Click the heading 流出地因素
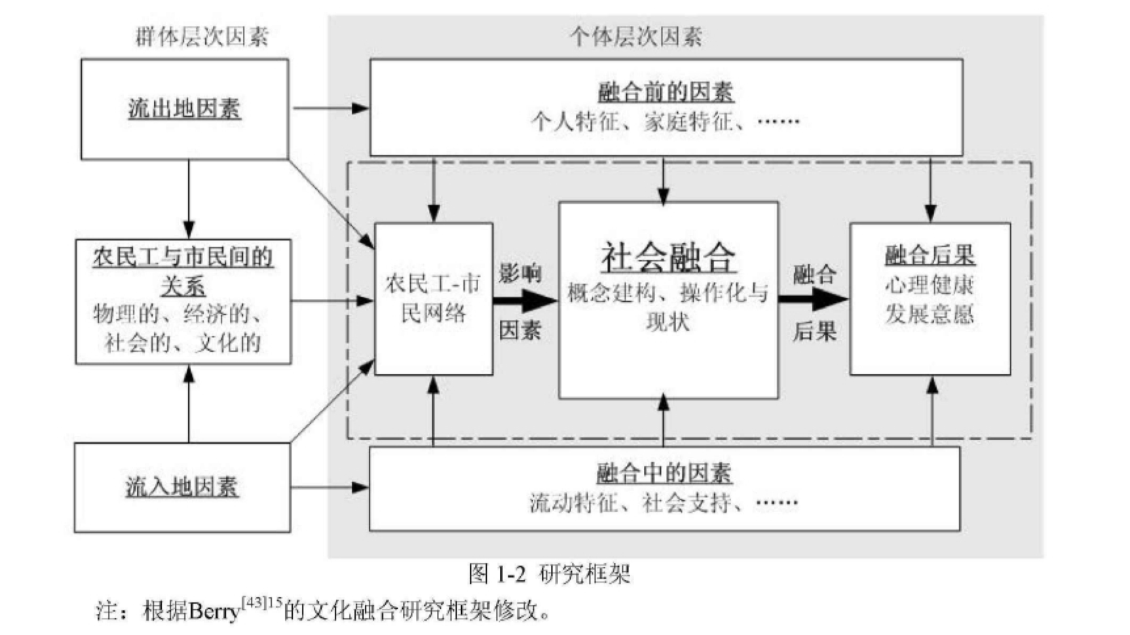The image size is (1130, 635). [184, 109]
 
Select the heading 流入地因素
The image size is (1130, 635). [182, 487]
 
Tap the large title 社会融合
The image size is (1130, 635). [668, 258]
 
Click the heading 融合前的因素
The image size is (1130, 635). [666, 92]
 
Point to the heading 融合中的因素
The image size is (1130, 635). [664, 472]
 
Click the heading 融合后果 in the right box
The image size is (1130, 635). [930, 255]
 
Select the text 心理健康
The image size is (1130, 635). [930, 285]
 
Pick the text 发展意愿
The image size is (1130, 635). [930, 314]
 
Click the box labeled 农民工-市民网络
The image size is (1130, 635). [433, 299]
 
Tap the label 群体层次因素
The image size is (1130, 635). [202, 37]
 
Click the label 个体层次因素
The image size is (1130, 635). [635, 37]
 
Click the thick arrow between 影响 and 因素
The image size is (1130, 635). [524, 301]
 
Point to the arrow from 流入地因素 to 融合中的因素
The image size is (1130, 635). [330, 487]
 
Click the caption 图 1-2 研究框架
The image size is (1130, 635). [549, 574]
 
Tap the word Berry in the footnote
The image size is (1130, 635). [214, 611]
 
